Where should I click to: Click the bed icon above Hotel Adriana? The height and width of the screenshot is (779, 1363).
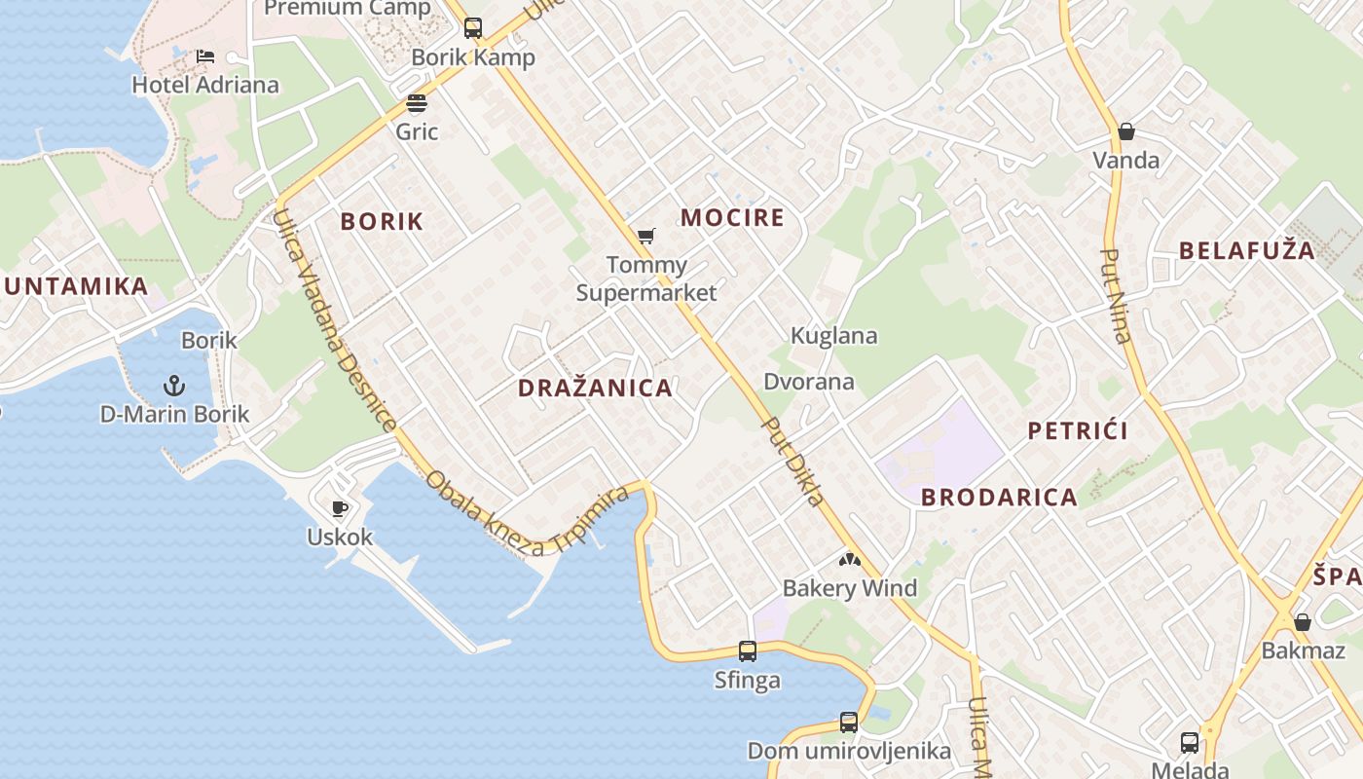point(205,56)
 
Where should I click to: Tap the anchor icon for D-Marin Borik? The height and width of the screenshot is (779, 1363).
point(175,386)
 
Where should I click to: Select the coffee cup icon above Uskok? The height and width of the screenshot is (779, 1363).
point(339,508)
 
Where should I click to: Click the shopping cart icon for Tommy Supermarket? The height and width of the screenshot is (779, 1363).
point(645,236)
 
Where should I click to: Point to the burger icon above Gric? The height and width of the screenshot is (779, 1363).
point(417,103)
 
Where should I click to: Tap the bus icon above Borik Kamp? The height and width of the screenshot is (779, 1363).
point(473,28)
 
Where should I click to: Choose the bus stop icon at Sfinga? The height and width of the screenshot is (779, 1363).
point(748,651)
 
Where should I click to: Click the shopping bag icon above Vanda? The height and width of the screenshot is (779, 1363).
point(1126,131)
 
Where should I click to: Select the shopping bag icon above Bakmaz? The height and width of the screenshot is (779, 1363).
point(1303,622)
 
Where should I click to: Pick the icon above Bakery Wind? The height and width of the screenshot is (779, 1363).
point(850,560)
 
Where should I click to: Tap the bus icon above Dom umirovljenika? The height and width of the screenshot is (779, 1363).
point(849,723)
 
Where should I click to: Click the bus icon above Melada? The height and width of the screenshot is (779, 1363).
point(1190,743)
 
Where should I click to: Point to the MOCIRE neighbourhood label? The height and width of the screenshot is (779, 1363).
point(732,217)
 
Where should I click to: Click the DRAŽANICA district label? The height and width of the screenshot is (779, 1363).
point(595,388)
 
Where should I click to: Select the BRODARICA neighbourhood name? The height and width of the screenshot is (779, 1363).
point(999,498)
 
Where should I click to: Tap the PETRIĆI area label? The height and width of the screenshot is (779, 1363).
point(1078,430)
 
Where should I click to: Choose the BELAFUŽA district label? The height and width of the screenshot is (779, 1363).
point(1246,250)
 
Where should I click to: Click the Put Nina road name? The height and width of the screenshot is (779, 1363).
point(1116,296)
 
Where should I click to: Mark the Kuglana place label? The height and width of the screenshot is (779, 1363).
point(833,336)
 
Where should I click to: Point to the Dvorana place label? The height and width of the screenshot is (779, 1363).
point(809,382)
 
